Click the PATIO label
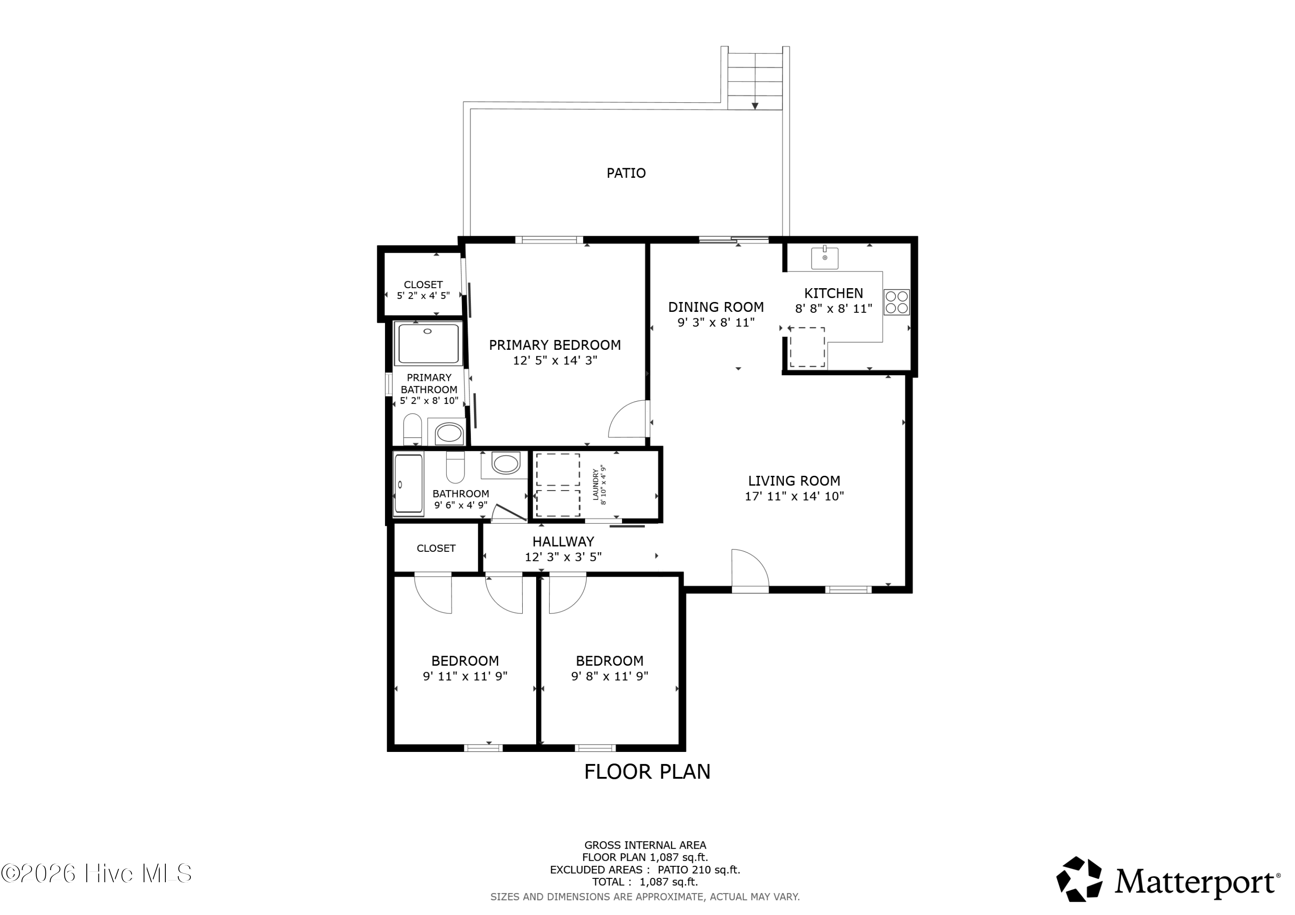[x=626, y=173]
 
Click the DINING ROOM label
[x=716, y=307]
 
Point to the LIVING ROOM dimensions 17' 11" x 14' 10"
[x=794, y=497]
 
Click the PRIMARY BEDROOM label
[x=555, y=345]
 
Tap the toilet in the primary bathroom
[x=413, y=429]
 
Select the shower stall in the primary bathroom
[x=428, y=344]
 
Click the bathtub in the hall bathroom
[x=408, y=485]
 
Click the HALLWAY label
[x=563, y=542]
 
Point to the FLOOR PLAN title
[x=647, y=772]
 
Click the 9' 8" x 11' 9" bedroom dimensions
[x=610, y=676]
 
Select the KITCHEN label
[x=834, y=293]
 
